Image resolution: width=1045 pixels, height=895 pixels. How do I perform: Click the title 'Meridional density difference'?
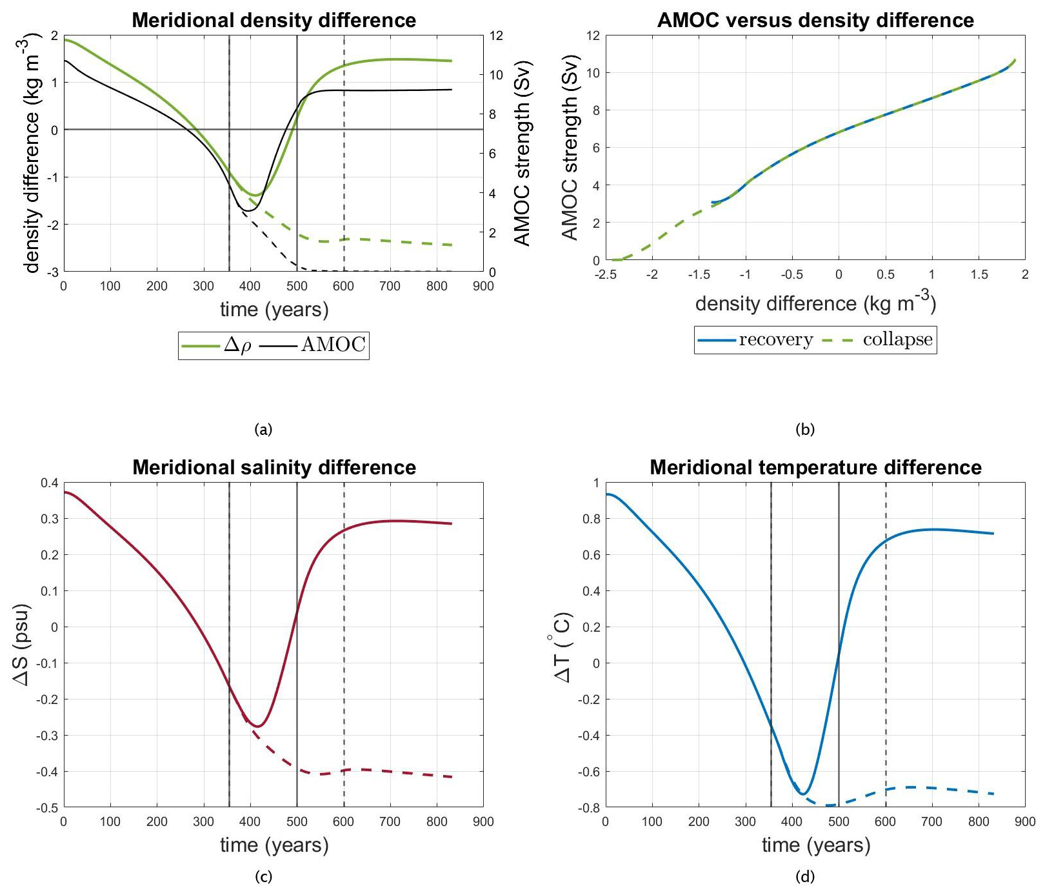[x=274, y=20]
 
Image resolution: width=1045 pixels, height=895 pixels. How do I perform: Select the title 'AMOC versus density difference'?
[x=815, y=20]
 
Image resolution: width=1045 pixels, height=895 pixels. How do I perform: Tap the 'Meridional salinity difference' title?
[x=274, y=467]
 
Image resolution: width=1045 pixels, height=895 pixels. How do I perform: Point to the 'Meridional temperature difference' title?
[x=815, y=467]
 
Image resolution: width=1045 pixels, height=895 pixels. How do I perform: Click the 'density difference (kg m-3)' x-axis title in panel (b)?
[x=815, y=303]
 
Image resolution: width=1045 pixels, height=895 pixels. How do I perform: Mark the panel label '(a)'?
[x=263, y=429]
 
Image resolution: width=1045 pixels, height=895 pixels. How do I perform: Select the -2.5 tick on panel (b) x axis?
[x=605, y=274]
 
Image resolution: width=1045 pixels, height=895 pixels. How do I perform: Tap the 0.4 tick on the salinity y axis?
[x=50, y=483]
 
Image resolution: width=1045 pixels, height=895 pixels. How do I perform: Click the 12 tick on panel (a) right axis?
[x=496, y=35]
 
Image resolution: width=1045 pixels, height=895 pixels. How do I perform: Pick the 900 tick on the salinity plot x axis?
[x=483, y=821]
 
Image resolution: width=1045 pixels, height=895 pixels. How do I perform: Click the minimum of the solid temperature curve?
[x=804, y=794]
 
